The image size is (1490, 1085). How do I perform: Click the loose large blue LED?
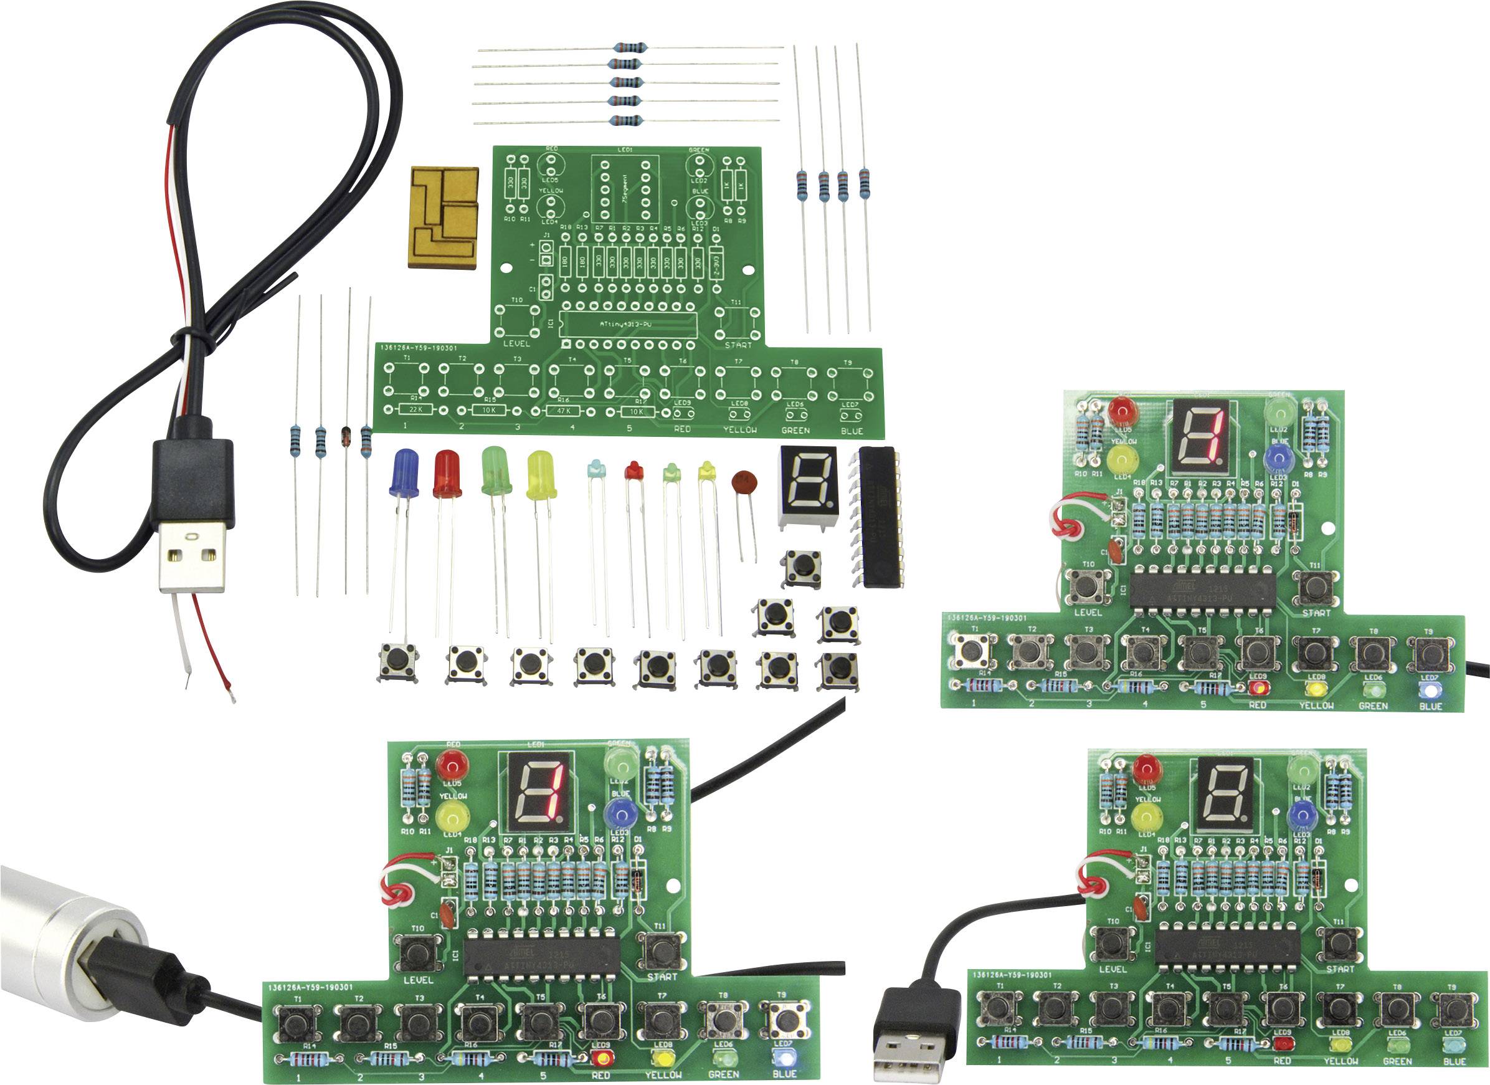click(404, 473)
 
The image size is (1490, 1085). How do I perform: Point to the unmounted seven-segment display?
click(807, 485)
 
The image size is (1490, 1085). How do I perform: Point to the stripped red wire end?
click(230, 690)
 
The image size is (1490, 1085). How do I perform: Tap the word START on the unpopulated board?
click(737, 345)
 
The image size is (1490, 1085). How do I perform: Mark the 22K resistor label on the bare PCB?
click(415, 409)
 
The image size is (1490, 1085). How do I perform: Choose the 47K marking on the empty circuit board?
click(564, 411)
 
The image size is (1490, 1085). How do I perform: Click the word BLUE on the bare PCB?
click(852, 431)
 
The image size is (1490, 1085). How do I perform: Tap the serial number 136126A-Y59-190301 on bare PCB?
click(419, 348)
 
